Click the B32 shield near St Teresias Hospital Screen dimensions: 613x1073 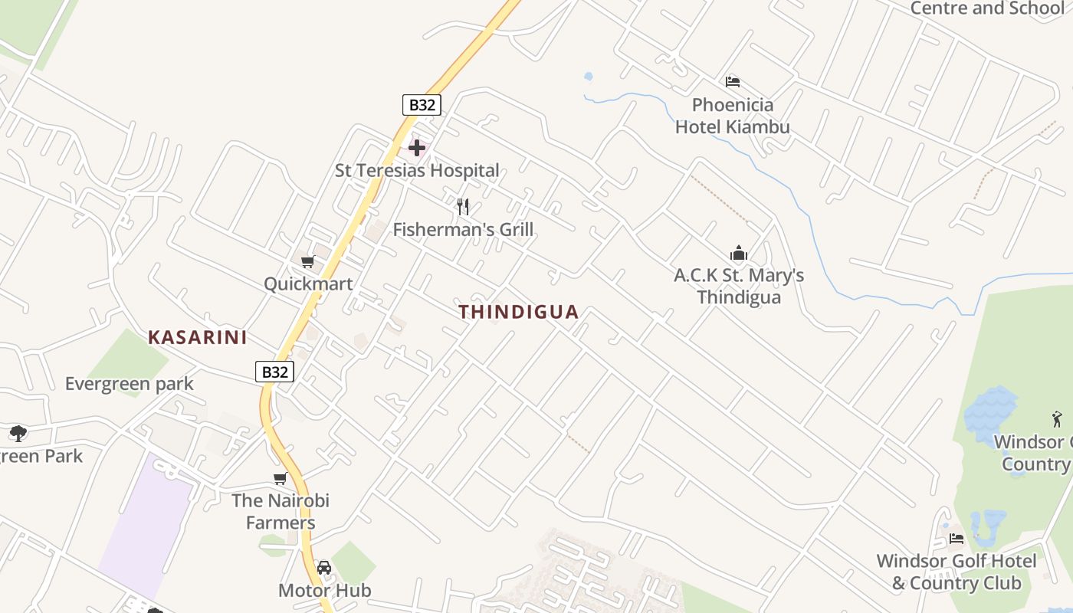tap(422, 105)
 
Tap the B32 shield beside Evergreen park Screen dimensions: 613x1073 tap(274, 372)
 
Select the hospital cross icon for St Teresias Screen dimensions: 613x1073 tap(417, 147)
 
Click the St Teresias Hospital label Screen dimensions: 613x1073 tap(417, 170)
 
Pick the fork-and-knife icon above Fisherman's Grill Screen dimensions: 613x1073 tap(463, 206)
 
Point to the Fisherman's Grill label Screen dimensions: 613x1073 tap(463, 229)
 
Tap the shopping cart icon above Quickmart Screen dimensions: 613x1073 tap(308, 262)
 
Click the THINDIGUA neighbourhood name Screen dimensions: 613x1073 tap(518, 312)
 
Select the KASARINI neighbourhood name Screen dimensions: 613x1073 tap(197, 337)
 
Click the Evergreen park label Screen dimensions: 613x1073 tap(129, 383)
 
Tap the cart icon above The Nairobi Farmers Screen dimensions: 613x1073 tap(281, 479)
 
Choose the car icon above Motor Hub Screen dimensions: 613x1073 tap(324, 568)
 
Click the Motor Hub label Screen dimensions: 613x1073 tap(324, 590)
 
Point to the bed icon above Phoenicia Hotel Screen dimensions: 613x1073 tap(733, 82)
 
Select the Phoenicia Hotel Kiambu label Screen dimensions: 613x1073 tap(732, 116)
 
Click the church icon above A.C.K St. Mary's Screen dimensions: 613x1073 tap(739, 253)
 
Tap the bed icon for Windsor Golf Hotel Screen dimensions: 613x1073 tap(957, 539)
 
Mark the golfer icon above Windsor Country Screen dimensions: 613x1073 tap(1058, 419)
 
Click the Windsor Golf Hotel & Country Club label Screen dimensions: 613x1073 tap(957, 572)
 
